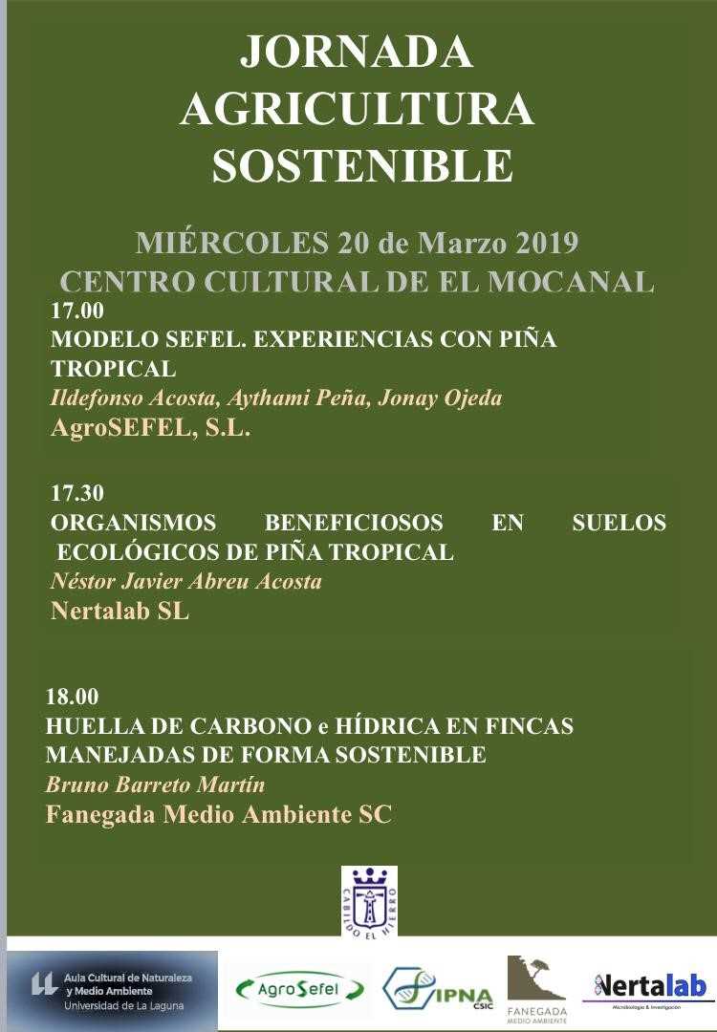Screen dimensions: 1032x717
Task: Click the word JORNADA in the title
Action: coord(356,53)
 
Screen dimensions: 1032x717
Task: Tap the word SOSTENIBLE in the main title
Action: coord(361,165)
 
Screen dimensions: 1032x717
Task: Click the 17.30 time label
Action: coord(76,494)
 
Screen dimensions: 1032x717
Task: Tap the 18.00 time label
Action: coord(73,697)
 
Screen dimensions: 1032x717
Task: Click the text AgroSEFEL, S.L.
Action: coord(150,428)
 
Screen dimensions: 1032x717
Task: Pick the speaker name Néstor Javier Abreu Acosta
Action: coord(185,582)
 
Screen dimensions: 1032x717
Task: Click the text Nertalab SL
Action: coord(119,612)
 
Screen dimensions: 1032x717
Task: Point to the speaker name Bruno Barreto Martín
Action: coord(155,785)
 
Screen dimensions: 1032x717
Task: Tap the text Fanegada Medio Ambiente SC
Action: coord(219,815)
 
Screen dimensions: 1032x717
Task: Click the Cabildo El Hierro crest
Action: coord(369,900)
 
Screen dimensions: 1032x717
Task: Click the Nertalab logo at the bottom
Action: coord(650,986)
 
